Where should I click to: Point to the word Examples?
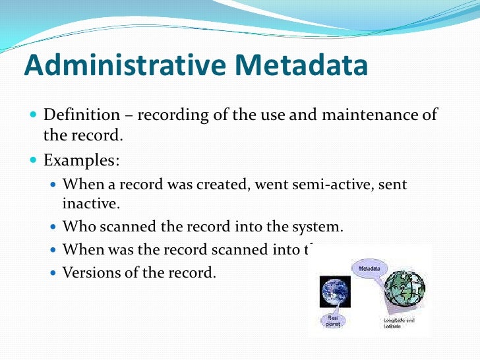(x=82, y=161)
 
